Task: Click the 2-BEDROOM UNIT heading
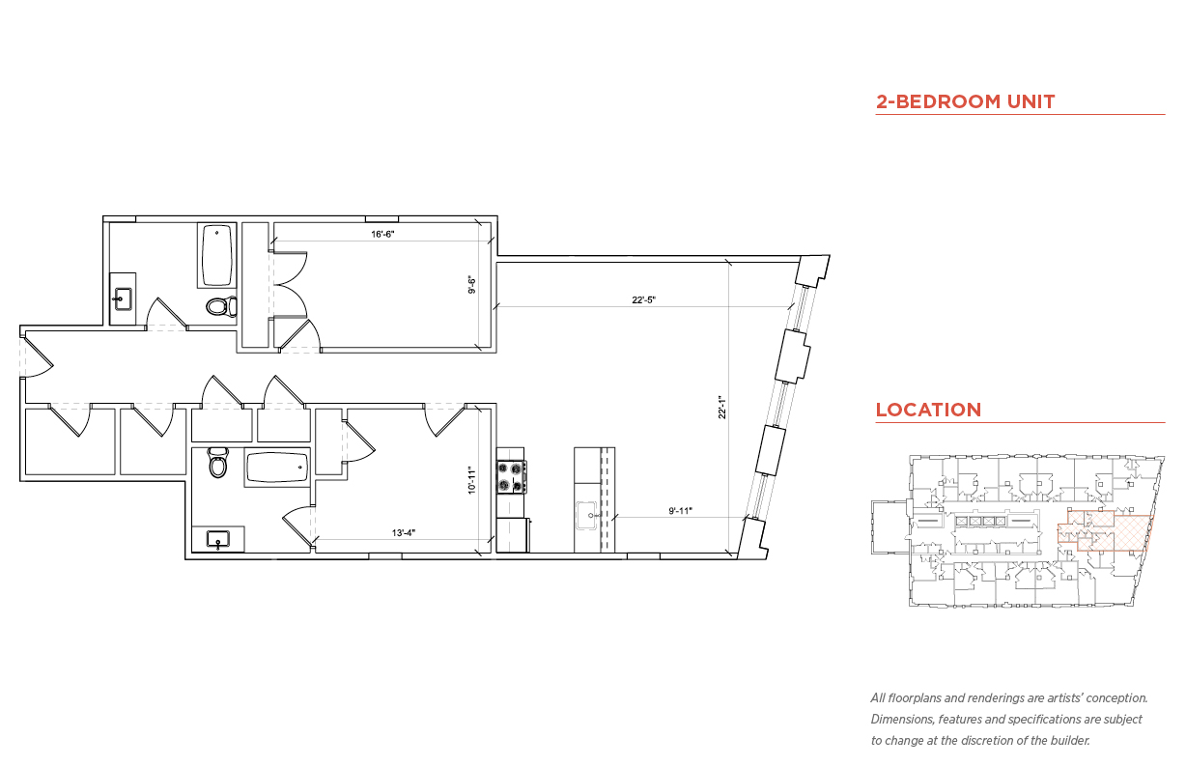(965, 101)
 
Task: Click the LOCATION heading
(928, 410)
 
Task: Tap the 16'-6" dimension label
(383, 234)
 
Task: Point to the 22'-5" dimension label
(644, 300)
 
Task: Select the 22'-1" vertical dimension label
(720, 409)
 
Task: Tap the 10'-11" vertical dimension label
(472, 480)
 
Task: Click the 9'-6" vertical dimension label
(472, 285)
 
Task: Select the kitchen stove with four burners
(512, 475)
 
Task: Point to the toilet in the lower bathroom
(218, 465)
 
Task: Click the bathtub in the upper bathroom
(218, 255)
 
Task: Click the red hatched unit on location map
(1115, 530)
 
